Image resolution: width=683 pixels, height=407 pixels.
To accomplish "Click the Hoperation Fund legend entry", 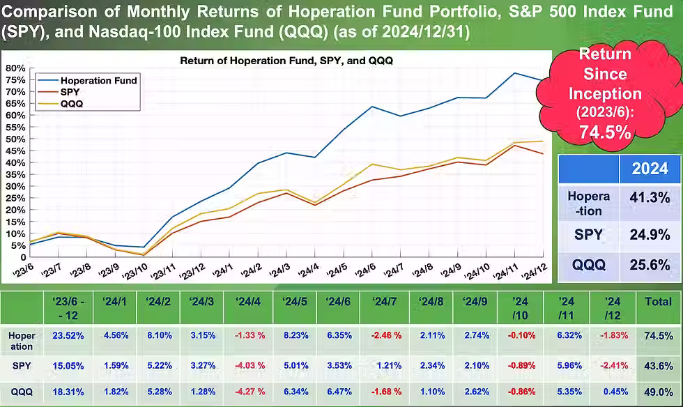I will point(98,80).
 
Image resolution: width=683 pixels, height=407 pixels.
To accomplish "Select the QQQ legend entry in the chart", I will point(72,104).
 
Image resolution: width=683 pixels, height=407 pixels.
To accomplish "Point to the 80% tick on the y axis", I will point(15,68).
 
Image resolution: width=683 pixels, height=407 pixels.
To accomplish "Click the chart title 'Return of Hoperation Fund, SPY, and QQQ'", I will point(286,61).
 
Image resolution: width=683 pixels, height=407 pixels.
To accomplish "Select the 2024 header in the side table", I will point(649,169).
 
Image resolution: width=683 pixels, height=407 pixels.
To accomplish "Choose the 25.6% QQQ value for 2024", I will point(649,265).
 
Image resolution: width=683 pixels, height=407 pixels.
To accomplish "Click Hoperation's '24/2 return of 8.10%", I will point(160,335).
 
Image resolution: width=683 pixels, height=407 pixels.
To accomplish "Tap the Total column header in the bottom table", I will point(659,302).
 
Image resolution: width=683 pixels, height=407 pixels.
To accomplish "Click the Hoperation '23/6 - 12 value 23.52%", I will point(69,335).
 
